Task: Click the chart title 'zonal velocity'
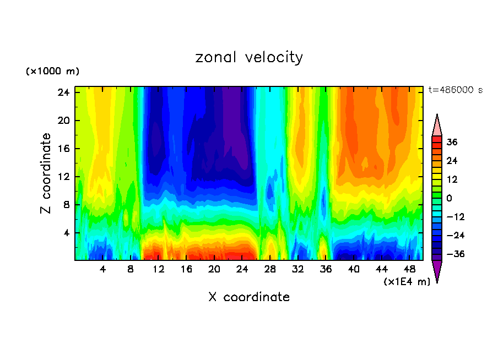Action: coord(249,57)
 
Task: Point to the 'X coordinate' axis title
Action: coord(249,297)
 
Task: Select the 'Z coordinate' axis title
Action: coord(46,173)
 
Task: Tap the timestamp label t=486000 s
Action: coord(455,90)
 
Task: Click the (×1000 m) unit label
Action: coord(52,72)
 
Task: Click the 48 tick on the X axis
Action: coord(410,270)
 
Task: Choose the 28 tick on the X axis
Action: coord(270,270)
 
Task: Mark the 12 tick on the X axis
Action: coord(159,270)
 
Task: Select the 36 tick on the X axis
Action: coord(326,270)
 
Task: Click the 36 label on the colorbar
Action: coord(452,142)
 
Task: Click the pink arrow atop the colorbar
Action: coord(437,126)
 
